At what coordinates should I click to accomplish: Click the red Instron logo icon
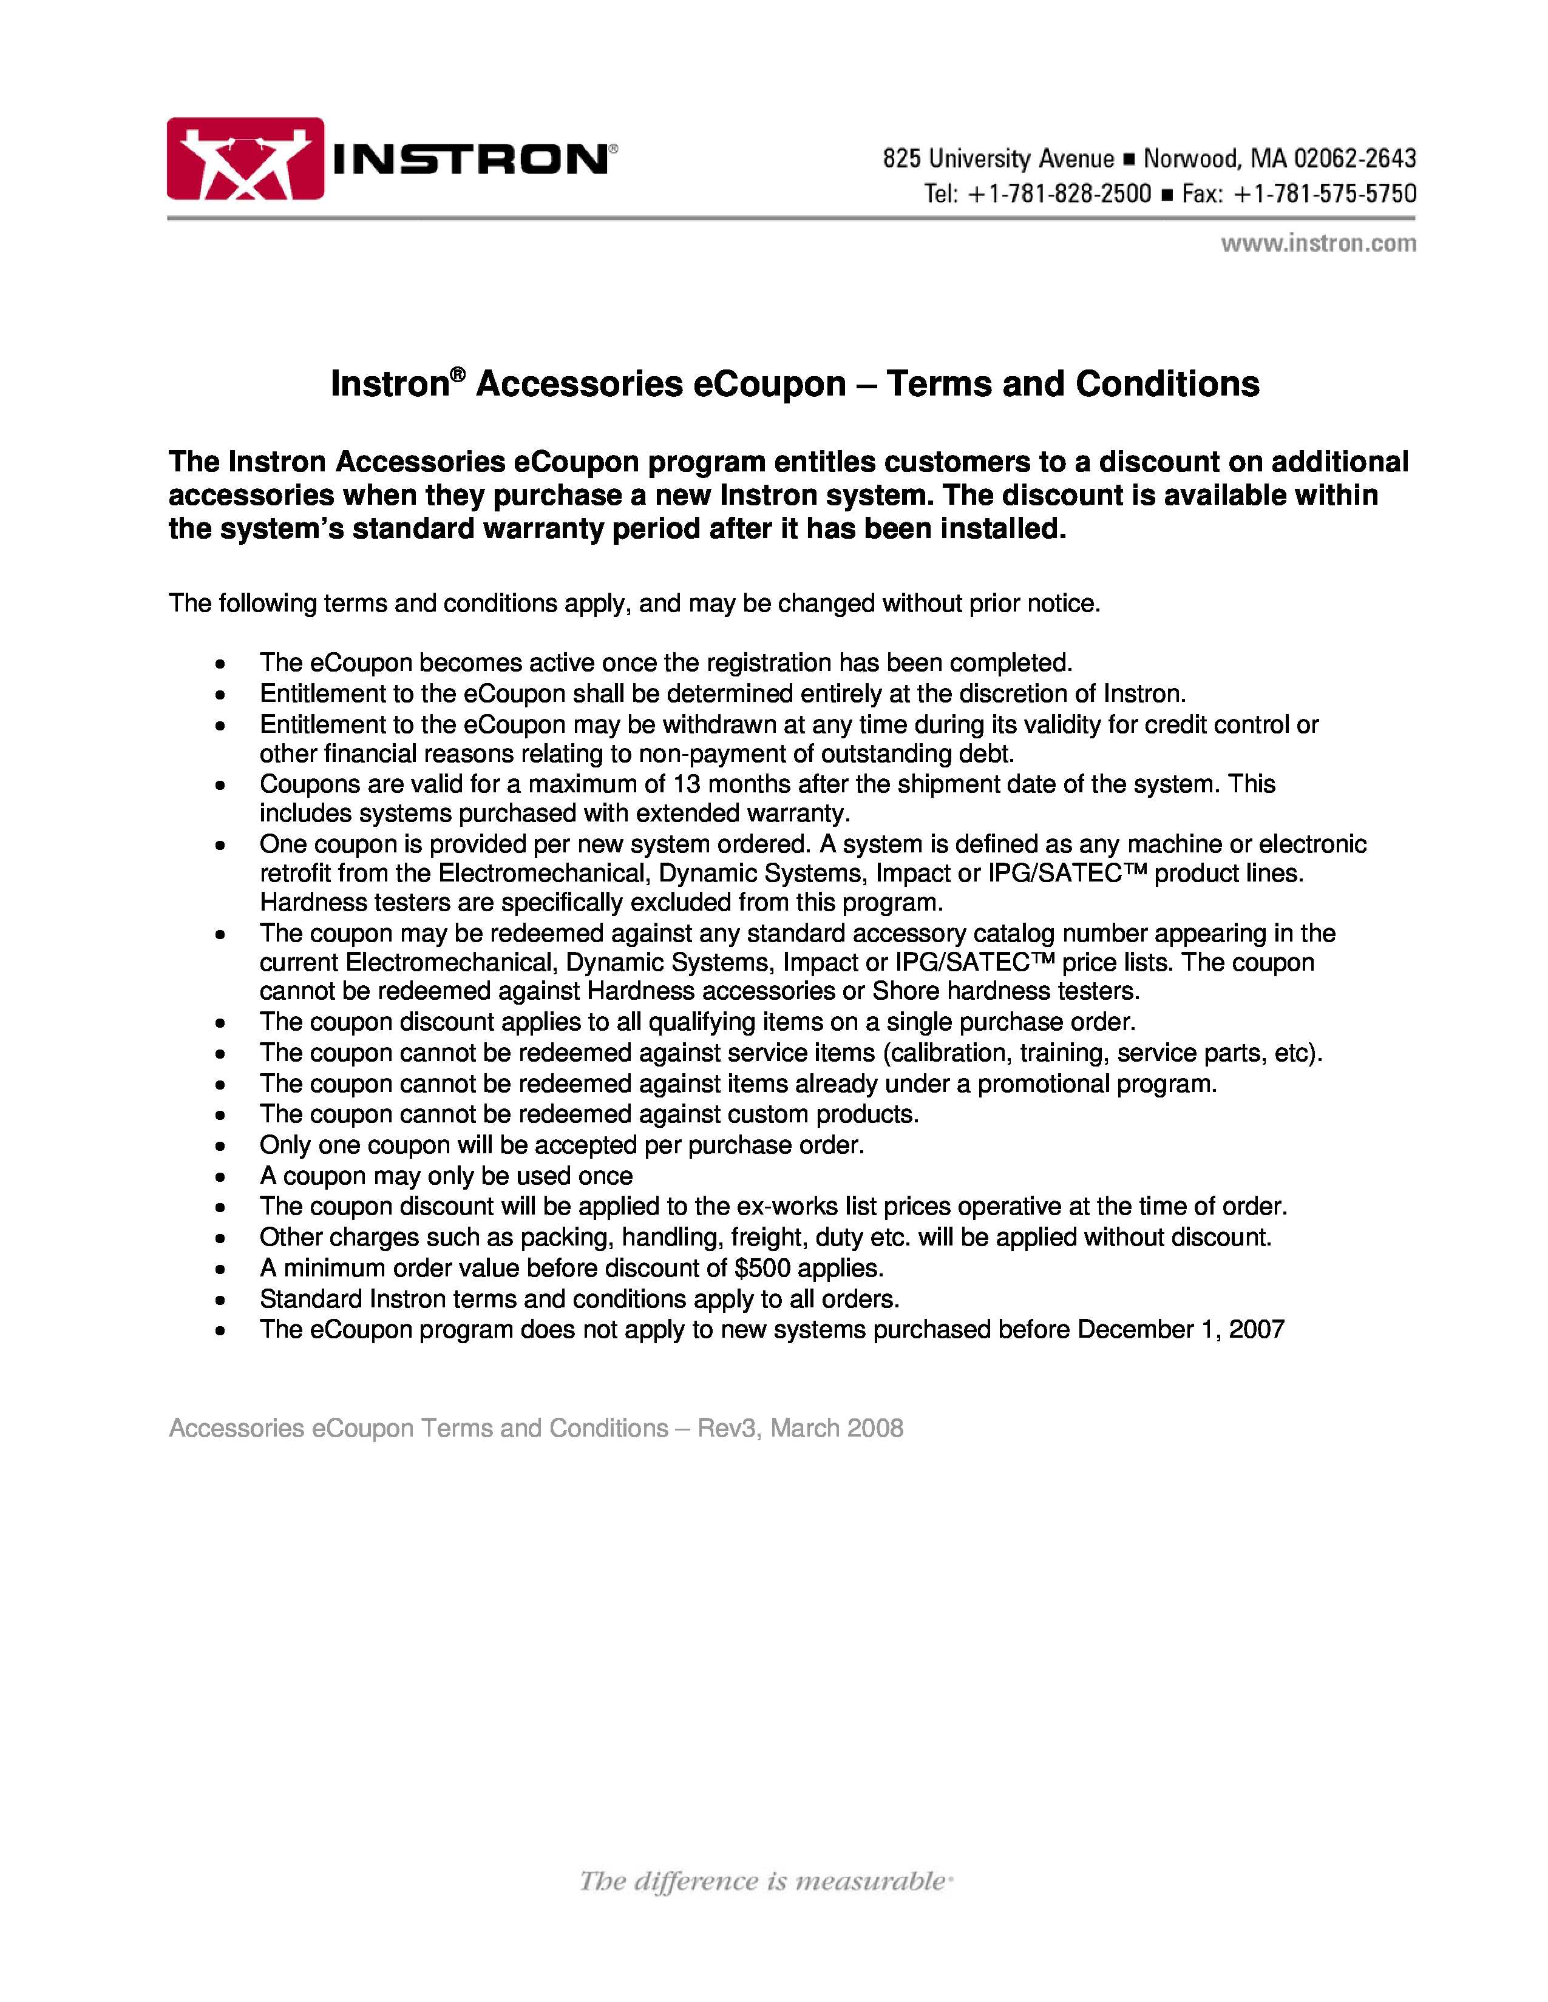pyautogui.click(x=245, y=158)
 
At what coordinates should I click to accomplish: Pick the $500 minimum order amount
pyautogui.click(x=763, y=1268)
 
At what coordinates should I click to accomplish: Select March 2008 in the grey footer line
pyautogui.click(x=837, y=1428)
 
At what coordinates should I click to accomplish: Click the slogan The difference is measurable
pyautogui.click(x=766, y=1875)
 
